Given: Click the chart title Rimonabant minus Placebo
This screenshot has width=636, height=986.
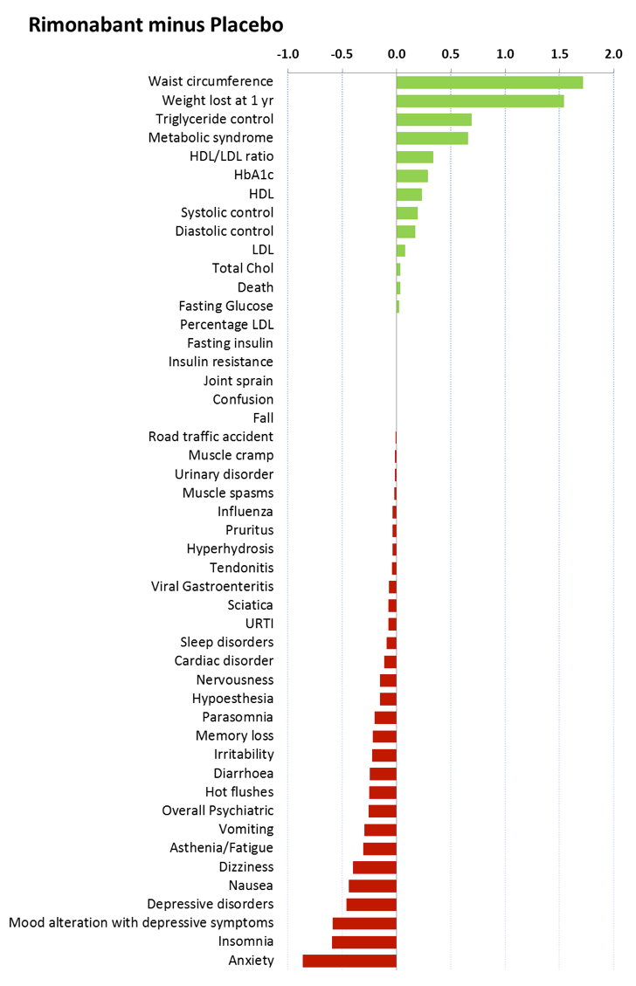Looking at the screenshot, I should tap(155, 24).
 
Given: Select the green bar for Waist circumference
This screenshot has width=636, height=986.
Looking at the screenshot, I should tap(489, 82).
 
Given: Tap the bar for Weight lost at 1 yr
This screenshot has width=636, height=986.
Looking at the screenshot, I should tap(480, 100).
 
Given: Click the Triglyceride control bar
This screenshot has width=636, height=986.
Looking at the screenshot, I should tap(433, 120).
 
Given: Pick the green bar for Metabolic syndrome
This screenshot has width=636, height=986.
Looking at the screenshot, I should tap(432, 138).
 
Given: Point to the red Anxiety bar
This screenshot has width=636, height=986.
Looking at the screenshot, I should tap(349, 961).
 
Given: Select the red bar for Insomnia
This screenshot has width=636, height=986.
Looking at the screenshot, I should tap(364, 941).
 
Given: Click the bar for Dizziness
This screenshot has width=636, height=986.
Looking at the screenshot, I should tap(375, 867).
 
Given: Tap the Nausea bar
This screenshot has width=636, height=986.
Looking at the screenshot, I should tap(372, 886).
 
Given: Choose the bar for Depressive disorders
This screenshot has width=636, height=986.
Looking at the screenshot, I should tap(371, 904).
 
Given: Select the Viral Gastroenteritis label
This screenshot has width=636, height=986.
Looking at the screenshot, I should tap(212, 586).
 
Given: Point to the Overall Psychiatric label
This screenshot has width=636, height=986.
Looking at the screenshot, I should tap(218, 810).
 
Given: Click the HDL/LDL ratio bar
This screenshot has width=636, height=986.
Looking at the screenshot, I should tap(415, 157).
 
